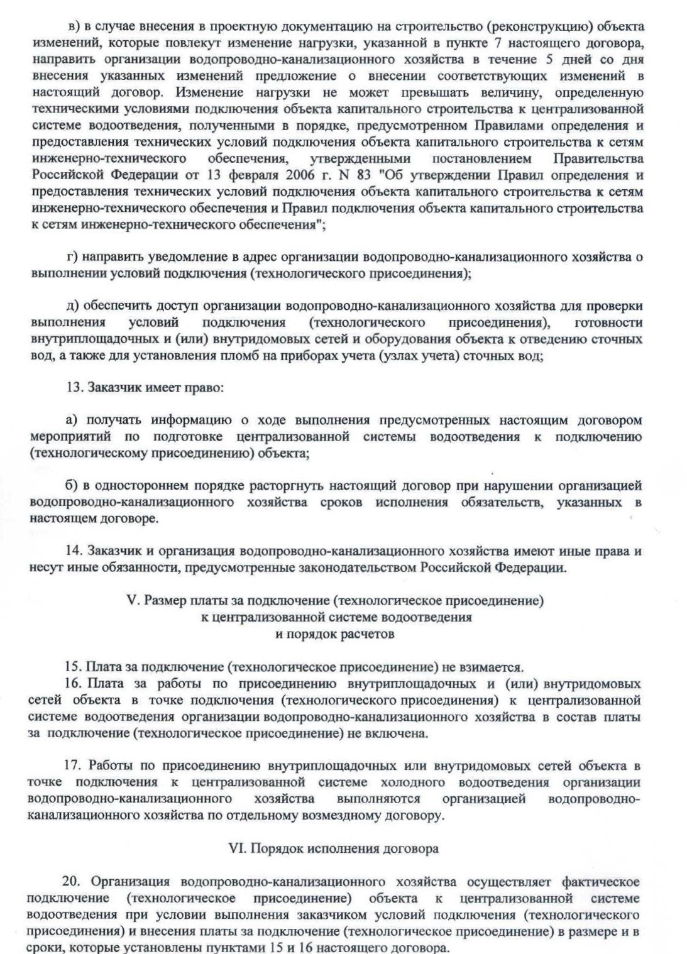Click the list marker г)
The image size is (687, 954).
(x=72, y=257)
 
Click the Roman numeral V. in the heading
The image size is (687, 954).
(x=133, y=601)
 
